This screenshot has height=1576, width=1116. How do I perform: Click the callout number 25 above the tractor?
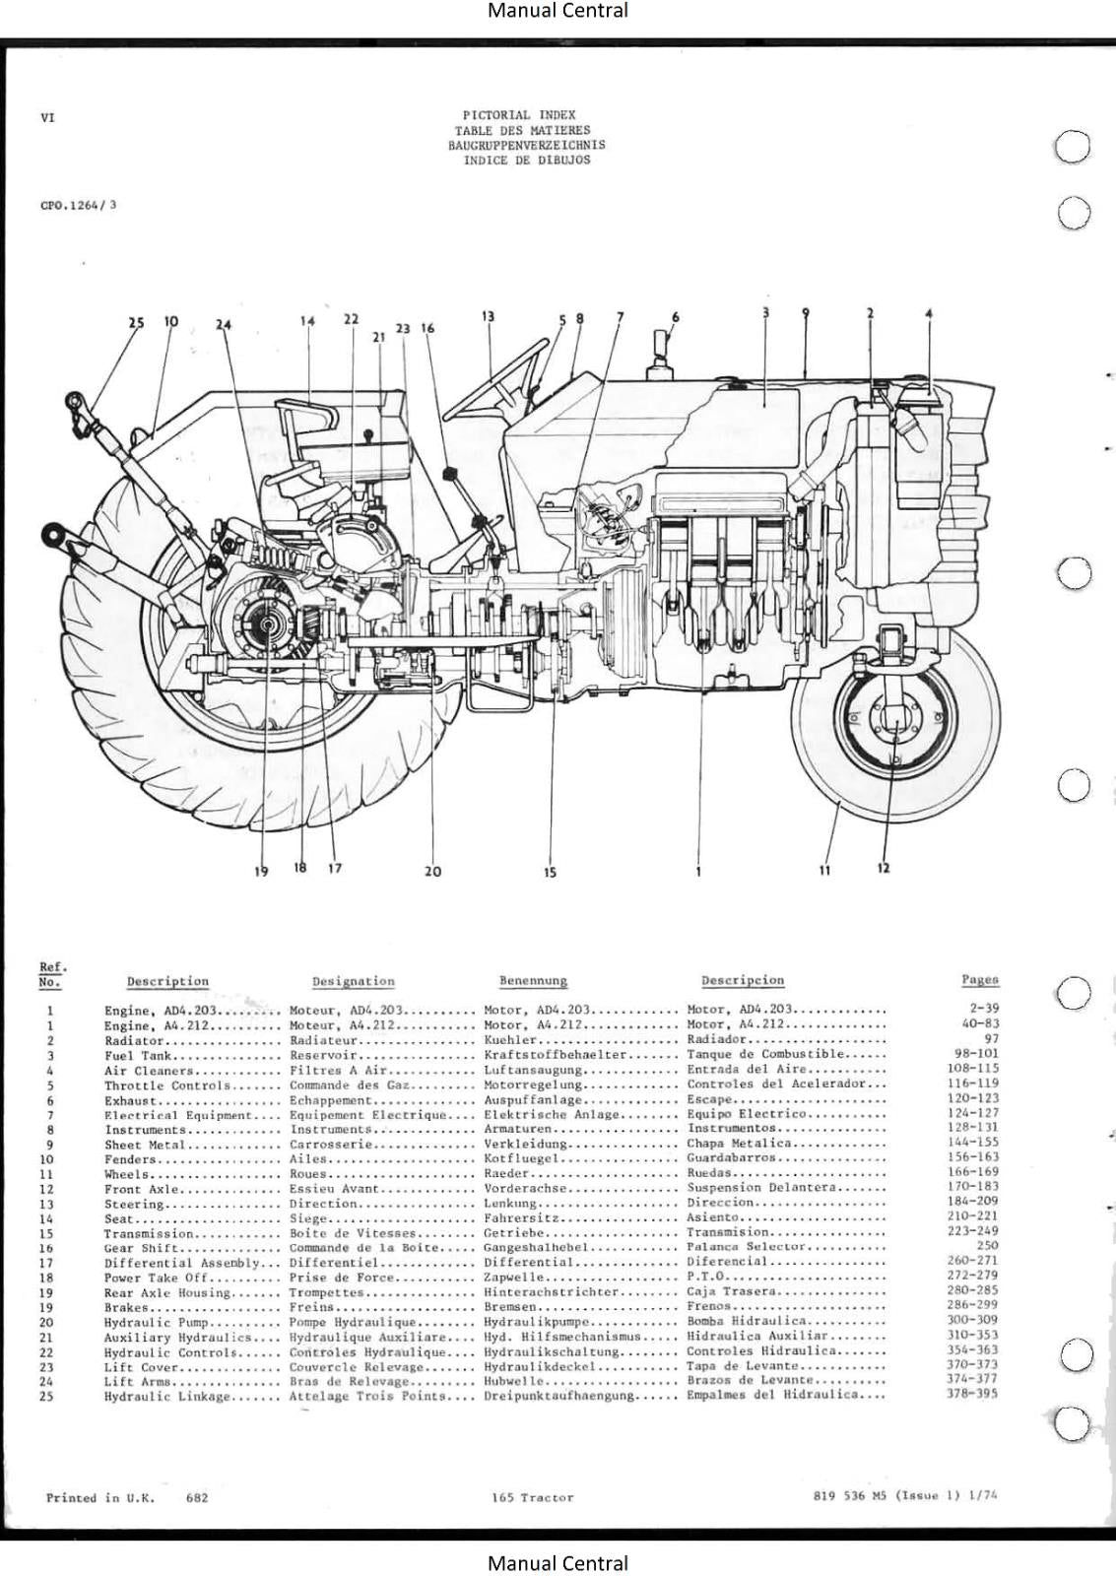coord(136,322)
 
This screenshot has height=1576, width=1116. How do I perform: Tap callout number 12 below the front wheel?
coord(883,868)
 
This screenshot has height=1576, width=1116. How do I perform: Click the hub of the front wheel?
coord(893,720)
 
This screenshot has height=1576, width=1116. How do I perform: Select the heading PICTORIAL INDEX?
coord(519,115)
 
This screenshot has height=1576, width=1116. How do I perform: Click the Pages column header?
coord(979,979)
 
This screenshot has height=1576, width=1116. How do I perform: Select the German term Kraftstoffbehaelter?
coord(556,1055)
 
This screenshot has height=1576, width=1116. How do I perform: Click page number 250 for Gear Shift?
coord(986,1245)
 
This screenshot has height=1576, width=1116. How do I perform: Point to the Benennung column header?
coord(533,981)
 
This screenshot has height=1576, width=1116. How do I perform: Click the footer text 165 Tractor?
coord(532,1497)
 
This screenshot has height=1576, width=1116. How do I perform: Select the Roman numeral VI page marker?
coord(47,118)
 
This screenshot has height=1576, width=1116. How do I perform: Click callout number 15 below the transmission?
coord(550,872)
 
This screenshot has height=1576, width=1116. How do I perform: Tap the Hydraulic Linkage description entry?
coord(166,1396)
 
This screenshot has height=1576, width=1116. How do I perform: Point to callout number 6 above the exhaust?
coord(675,317)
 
